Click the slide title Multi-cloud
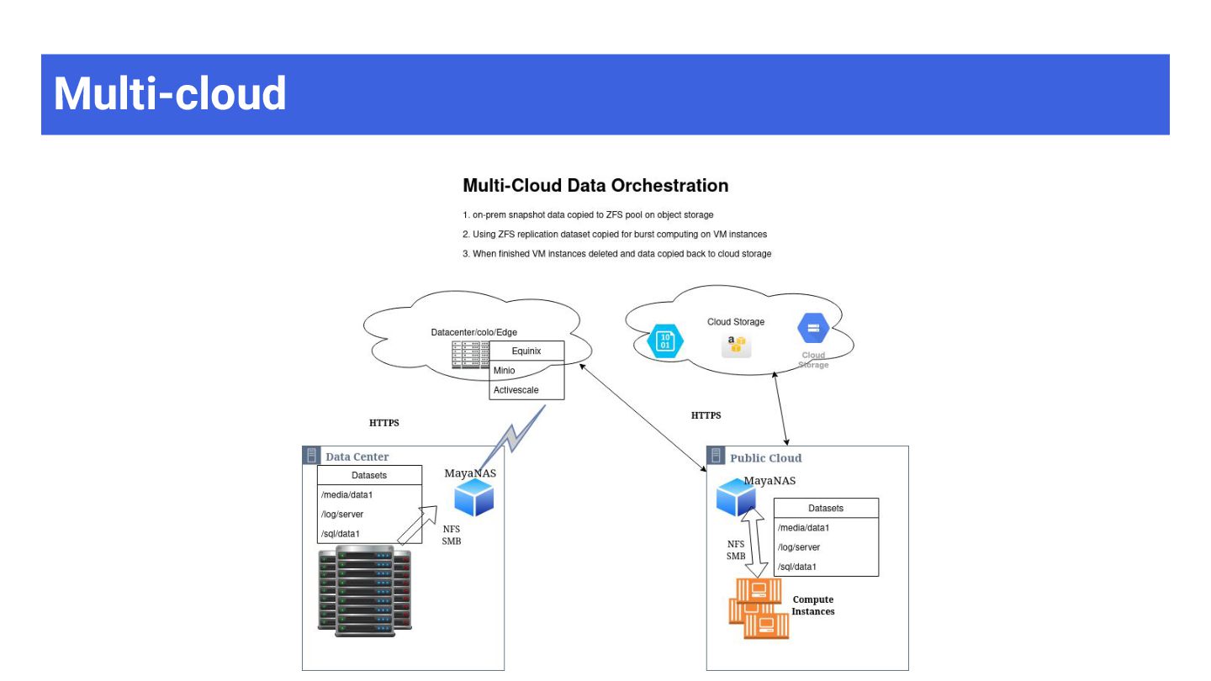pos(170,93)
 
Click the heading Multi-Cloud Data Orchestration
pos(595,185)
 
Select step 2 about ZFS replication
pos(615,234)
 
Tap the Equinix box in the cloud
pos(526,351)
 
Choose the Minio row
pos(526,370)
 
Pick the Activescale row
pos(526,390)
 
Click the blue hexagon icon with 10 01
pos(665,341)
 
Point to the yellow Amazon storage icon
pos(737,345)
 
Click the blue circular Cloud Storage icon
pos(813,329)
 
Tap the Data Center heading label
pos(357,457)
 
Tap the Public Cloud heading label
pos(765,458)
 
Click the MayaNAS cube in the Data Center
pos(473,499)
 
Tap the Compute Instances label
pos(812,605)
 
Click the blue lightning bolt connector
pos(512,433)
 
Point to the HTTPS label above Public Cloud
pos(706,415)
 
